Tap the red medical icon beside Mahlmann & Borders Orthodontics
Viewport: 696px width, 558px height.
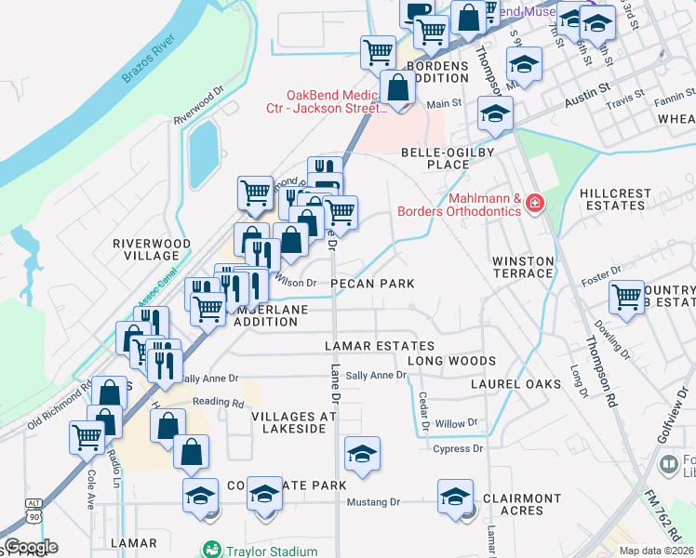(x=535, y=203)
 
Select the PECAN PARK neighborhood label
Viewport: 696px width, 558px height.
(x=371, y=283)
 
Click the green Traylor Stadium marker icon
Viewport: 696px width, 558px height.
(x=212, y=550)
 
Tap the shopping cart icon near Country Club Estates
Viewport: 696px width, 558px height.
(x=626, y=298)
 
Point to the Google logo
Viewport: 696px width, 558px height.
(x=30, y=547)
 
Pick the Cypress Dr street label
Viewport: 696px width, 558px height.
(x=459, y=449)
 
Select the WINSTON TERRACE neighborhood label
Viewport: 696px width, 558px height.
(x=523, y=267)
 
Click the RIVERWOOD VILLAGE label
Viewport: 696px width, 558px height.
(x=152, y=249)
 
